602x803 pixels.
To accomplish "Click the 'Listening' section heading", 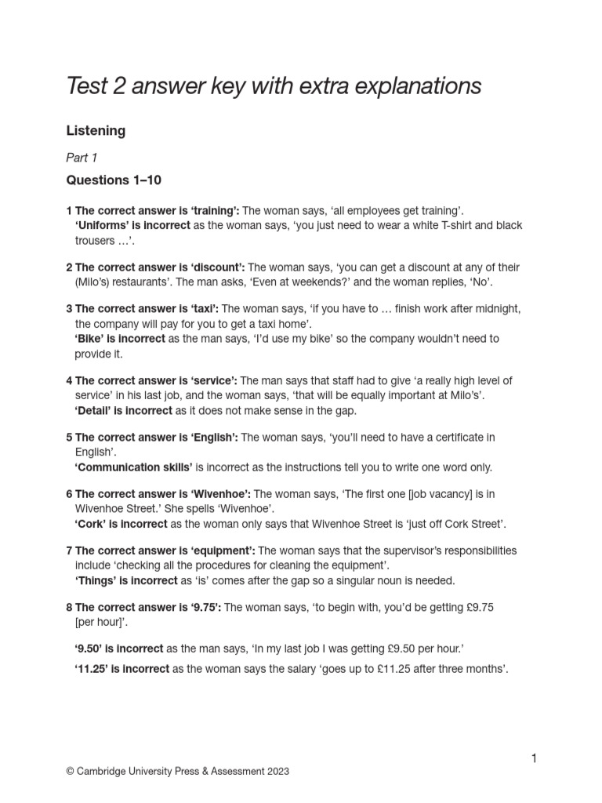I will click(x=96, y=131).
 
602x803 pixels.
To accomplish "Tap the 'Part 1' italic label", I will click(x=82, y=158).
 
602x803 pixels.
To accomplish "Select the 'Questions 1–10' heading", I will click(x=114, y=180).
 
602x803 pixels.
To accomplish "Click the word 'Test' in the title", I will click(x=89, y=85).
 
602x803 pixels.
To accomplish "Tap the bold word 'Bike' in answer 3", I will click(x=90, y=339).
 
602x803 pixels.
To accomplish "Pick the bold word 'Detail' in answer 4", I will click(x=92, y=410).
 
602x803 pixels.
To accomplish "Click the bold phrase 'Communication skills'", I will click(x=133, y=467).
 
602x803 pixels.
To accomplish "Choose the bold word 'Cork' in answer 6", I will click(x=90, y=524).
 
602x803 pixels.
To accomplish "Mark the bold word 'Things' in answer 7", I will click(x=96, y=581).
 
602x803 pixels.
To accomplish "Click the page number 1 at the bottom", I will click(x=534, y=758).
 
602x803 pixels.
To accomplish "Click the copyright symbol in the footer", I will click(x=70, y=772).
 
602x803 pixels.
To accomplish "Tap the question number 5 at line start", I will click(x=69, y=438).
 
